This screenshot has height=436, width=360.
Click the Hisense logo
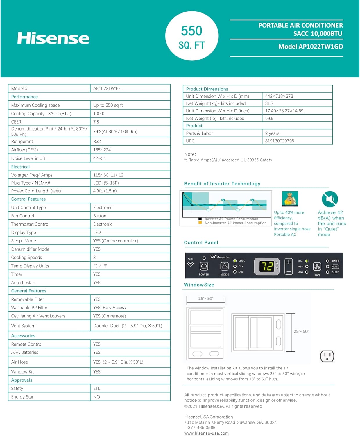pyautogui.click(x=53, y=38)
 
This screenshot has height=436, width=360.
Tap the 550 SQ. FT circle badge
pyautogui.click(x=192, y=36)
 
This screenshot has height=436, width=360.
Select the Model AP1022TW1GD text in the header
pyautogui.click(x=310, y=47)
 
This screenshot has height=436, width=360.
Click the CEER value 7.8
pyautogui.click(x=96, y=122)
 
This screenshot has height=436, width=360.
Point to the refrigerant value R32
pyautogui.click(x=97, y=142)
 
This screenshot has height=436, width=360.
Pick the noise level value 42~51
pyautogui.click(x=100, y=158)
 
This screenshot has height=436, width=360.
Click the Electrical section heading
pyautogui.click(x=20, y=167)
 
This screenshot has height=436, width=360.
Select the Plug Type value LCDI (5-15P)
pyautogui.click(x=106, y=183)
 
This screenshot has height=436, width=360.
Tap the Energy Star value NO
pyautogui.click(x=97, y=397)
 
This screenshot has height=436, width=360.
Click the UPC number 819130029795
pyautogui.click(x=280, y=141)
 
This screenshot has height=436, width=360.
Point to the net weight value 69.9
pyautogui.click(x=269, y=119)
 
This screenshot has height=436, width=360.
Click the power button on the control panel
pyautogui.click(x=204, y=266)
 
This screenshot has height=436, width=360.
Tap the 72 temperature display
pyautogui.click(x=267, y=266)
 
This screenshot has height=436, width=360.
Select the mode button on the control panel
pyautogui.click(x=224, y=266)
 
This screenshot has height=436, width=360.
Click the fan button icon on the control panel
pyautogui.click(x=317, y=267)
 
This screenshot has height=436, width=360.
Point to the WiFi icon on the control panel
pyautogui.click(x=191, y=265)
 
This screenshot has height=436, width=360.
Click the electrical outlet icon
pyautogui.click(x=327, y=356)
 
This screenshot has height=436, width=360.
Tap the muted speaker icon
pyautogui.click(x=330, y=199)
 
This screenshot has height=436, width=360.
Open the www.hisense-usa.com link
pyautogui.click(x=206, y=433)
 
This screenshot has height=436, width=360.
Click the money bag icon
pyautogui.click(x=290, y=199)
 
